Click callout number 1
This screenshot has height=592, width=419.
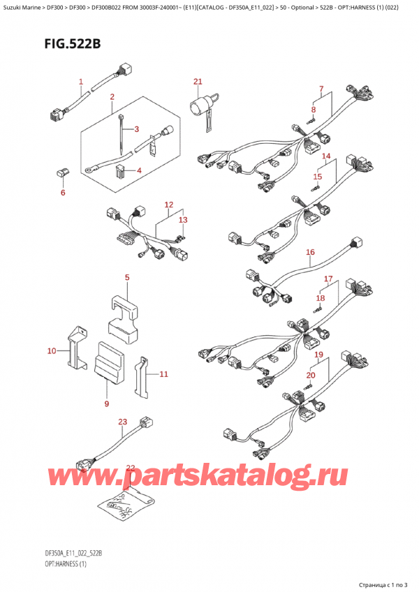(81, 82)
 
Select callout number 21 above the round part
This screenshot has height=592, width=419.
(198, 82)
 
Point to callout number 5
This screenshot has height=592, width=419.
(126, 279)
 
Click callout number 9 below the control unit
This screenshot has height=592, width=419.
(107, 403)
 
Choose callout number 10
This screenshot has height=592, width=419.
(51, 350)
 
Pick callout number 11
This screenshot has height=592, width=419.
(163, 375)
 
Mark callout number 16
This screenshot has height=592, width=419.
(310, 252)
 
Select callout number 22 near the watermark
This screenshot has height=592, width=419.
(130, 467)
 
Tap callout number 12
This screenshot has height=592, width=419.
(168, 205)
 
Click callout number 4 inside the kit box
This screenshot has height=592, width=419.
(138, 171)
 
